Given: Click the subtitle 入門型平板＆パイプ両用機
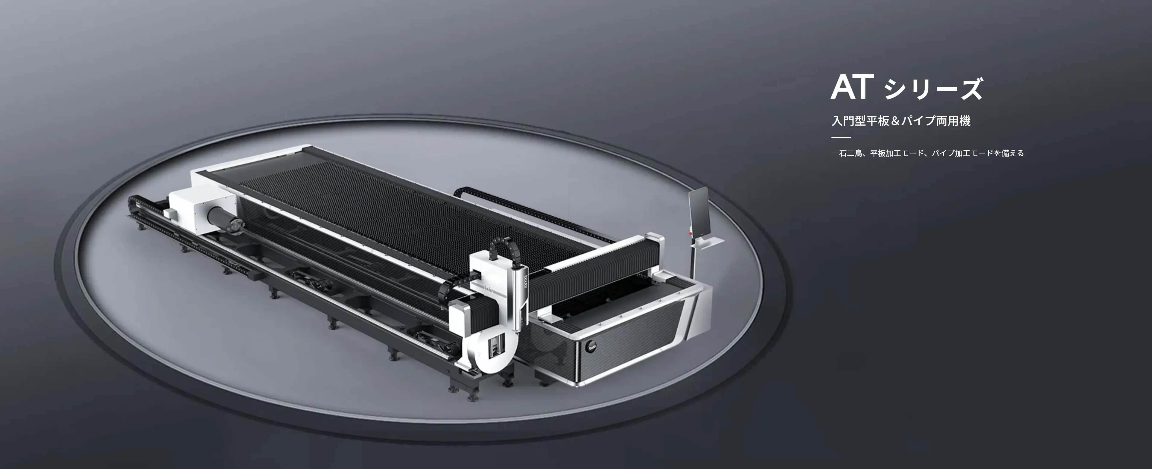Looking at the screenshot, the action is [x=901, y=120].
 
